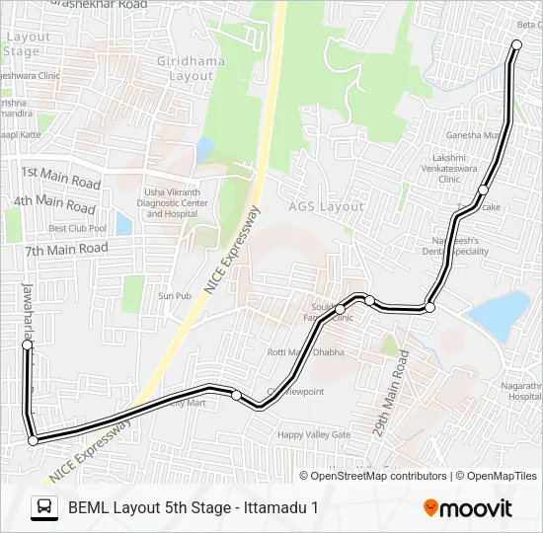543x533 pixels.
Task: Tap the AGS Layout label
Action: pos(326,207)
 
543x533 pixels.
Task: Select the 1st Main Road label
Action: pos(61,178)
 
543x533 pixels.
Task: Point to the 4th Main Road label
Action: pos(54,204)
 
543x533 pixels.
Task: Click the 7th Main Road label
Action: pos(65,250)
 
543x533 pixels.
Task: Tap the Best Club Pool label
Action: pos(78,228)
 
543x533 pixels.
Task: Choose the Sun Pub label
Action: pos(175,295)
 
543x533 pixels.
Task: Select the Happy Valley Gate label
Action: pos(314,434)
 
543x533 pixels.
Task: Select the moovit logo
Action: pos(468,508)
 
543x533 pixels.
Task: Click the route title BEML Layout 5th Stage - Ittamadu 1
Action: pos(194,508)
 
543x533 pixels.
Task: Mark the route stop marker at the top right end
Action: pos(517,43)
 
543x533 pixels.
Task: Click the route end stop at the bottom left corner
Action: pos(33,441)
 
